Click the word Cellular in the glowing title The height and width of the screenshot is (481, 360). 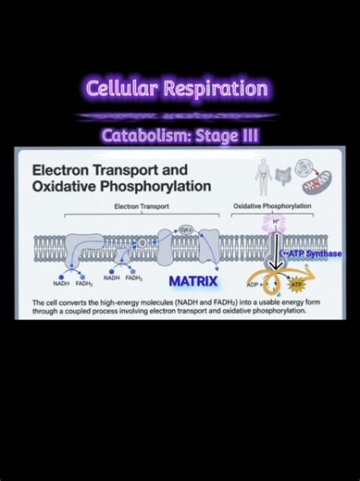tap(120, 89)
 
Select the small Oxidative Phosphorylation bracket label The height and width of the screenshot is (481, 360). tap(272, 206)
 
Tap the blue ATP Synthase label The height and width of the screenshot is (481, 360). tap(311, 253)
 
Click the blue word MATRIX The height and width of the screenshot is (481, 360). tap(192, 281)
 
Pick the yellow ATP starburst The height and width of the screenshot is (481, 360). tap(297, 285)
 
